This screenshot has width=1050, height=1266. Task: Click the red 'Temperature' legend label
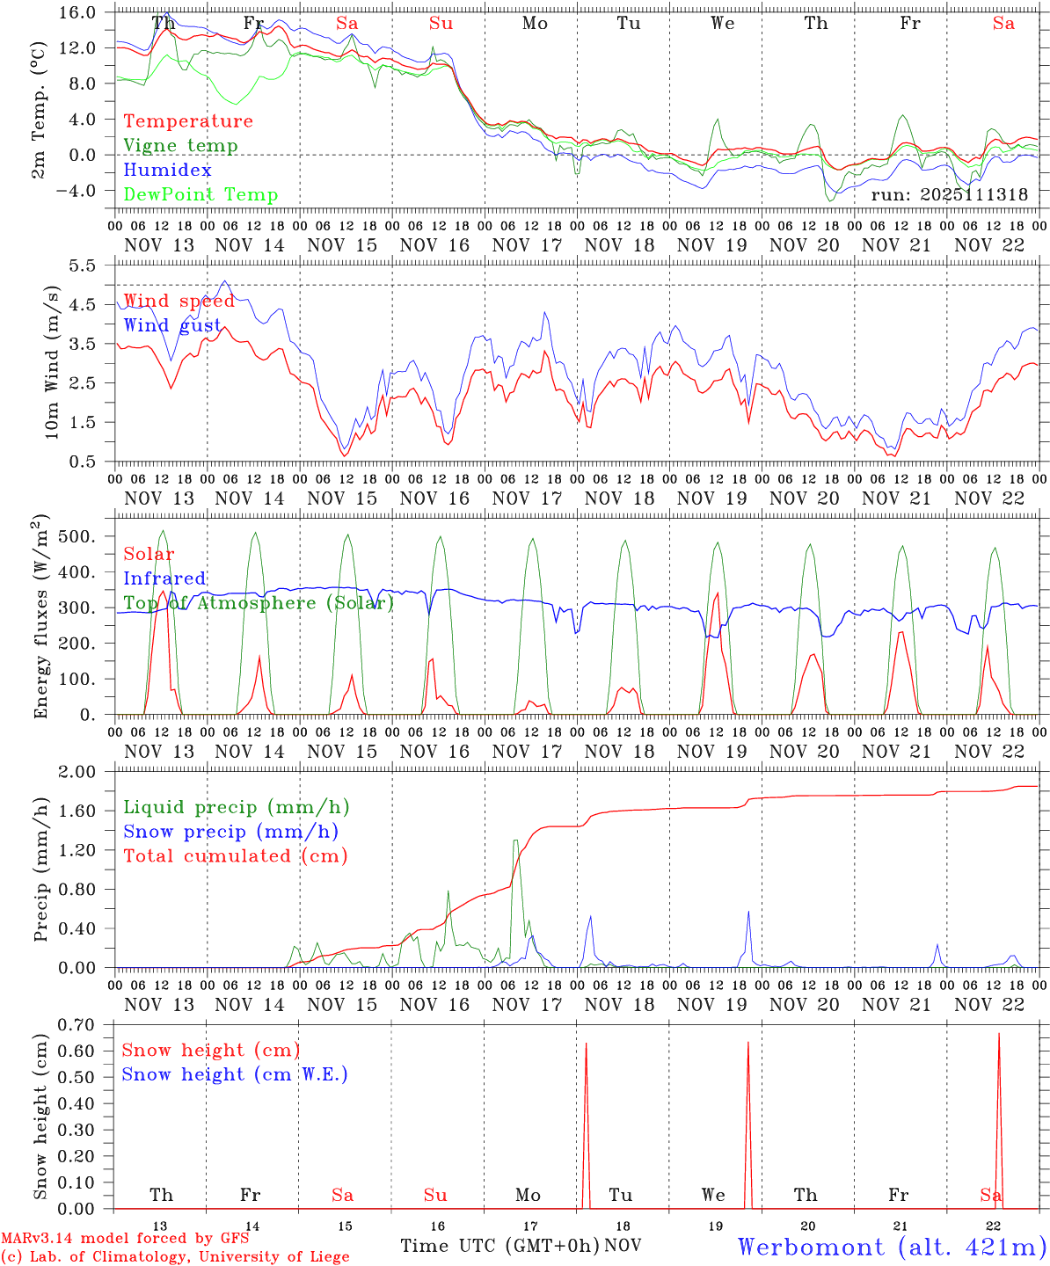pos(187,121)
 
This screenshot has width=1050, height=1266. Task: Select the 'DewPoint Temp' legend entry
pos(201,195)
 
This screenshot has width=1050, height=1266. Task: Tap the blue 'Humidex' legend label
pos(167,171)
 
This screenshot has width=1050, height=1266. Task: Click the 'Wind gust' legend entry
pos(172,325)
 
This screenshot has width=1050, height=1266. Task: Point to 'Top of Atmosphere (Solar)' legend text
pos(259,603)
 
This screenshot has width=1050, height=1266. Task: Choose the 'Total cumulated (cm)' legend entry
pos(235,856)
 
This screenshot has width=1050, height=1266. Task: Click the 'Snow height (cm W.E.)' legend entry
pos(235,1074)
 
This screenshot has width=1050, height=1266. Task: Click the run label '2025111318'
pos(949,195)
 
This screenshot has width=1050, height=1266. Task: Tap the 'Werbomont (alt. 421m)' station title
pos(892,1247)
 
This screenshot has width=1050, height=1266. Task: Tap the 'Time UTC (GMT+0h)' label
pos(499,1246)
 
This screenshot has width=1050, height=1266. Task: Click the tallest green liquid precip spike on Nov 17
pos(515,841)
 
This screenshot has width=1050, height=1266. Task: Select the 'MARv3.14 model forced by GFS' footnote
pos(125,1238)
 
